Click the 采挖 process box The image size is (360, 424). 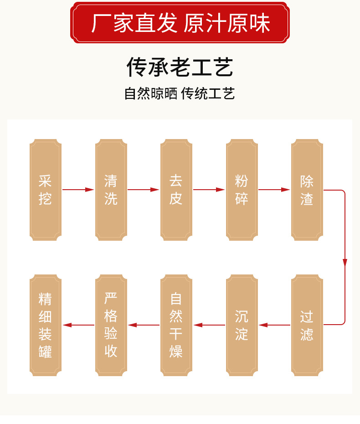46,190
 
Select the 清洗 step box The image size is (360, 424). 111,190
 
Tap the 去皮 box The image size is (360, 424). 176,190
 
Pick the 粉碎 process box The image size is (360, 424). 242,190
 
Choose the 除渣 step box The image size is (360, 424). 307,190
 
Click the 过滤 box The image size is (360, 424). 307,325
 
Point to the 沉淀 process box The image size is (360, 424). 242,325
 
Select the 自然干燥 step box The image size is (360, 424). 176,325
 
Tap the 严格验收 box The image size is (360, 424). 111,325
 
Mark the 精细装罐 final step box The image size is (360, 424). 46,325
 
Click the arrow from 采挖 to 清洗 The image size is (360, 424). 78,190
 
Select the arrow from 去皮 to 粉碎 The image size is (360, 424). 209,190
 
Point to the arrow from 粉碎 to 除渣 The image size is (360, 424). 274,190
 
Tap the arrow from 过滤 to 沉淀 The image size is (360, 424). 274,325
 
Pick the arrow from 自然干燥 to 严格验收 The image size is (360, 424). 144,325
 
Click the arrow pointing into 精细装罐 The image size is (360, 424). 78,325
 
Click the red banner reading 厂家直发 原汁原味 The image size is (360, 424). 180,23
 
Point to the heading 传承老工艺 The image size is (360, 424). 180,67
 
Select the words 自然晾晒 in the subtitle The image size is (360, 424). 150,93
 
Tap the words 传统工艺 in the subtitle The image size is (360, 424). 208,93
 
